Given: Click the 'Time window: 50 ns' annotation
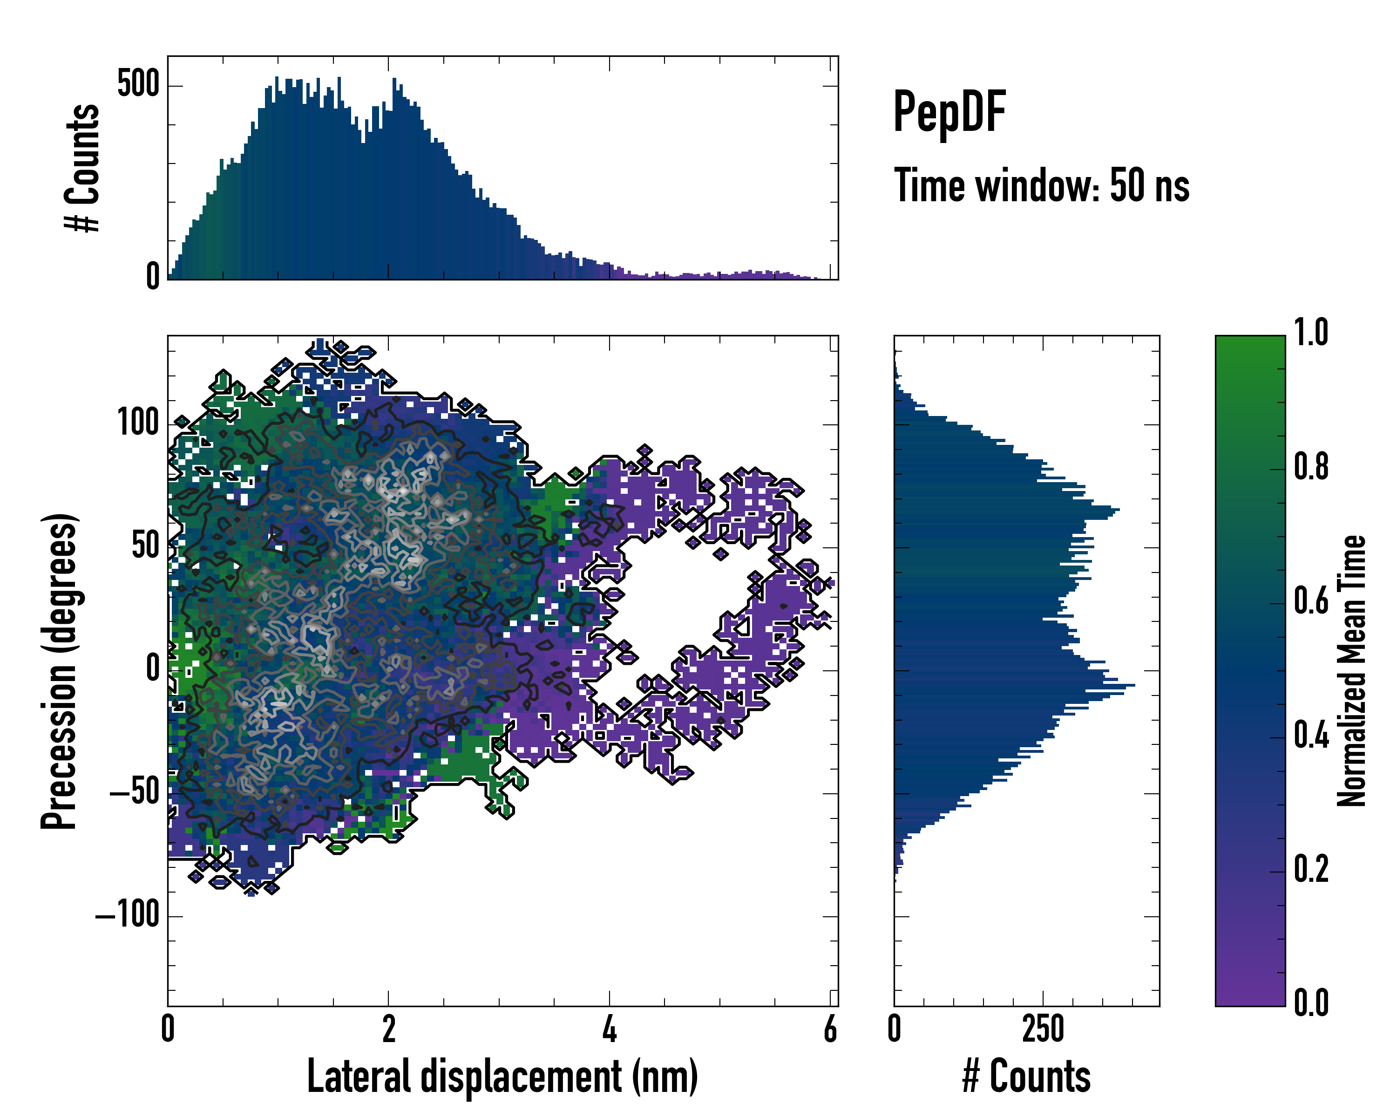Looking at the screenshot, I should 1041,185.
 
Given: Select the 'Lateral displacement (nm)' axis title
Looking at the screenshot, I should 502,1077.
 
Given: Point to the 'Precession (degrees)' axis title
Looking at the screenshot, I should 60,671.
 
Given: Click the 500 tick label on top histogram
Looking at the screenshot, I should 138,84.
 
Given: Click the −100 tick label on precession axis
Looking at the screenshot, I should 128,915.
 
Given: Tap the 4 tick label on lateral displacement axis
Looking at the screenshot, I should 609,1029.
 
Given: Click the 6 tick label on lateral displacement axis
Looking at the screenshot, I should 830,1029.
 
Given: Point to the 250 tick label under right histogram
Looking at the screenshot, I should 1043,1029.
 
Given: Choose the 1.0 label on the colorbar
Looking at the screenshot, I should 1311,333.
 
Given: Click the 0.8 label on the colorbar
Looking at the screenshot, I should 1311,467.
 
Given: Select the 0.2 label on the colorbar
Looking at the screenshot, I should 1311,869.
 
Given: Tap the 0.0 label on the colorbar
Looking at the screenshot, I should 1311,1003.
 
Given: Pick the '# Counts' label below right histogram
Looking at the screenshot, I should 1026,1077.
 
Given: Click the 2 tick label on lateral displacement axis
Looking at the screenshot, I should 388,1029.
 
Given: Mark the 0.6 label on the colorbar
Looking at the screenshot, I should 1311,601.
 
